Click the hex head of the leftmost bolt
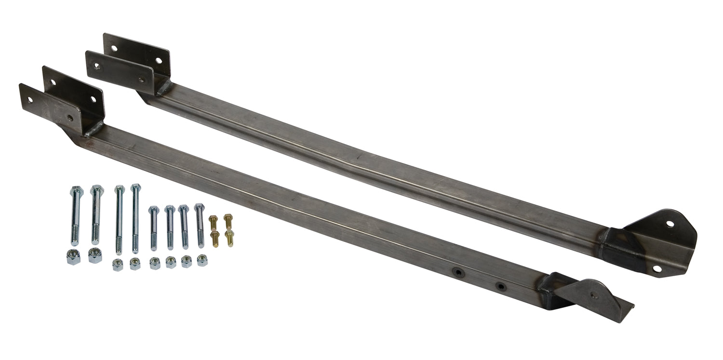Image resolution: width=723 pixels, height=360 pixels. [76, 190]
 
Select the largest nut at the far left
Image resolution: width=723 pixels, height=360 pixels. [73, 258]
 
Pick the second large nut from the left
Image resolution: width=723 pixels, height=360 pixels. [95, 255]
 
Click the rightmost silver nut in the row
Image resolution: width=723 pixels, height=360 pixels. [202, 261]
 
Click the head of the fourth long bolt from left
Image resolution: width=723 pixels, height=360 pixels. [135, 187]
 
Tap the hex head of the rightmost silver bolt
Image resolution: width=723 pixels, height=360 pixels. [199, 207]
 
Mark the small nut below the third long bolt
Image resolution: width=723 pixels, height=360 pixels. [118, 264]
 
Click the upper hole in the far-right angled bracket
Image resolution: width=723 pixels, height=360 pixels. [669, 224]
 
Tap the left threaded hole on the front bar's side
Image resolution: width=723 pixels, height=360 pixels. [455, 273]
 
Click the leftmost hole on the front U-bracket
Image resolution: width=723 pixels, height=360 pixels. [30, 100]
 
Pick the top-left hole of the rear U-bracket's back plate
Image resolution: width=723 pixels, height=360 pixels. [114, 48]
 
